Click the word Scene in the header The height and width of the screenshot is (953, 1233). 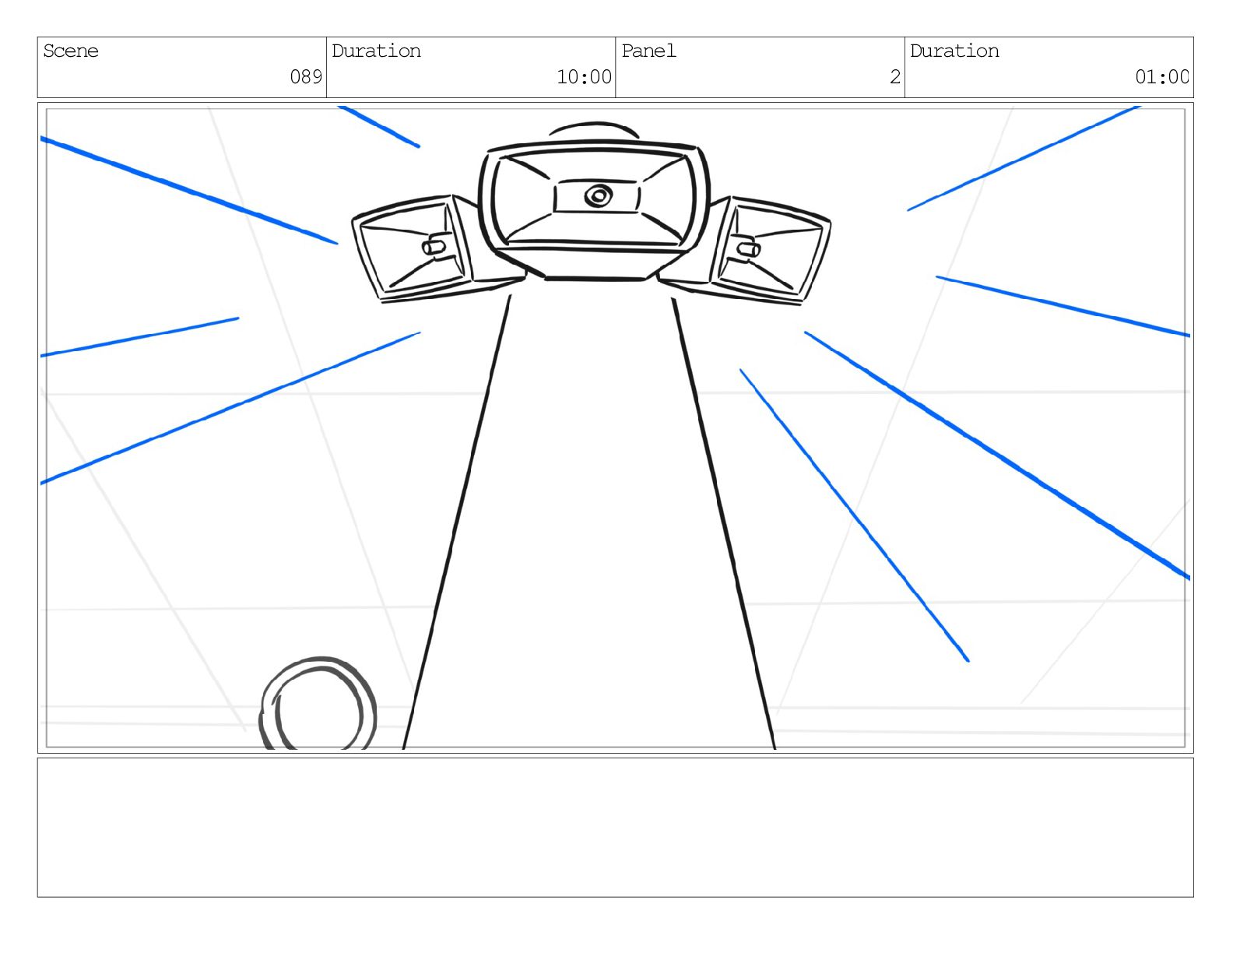click(71, 51)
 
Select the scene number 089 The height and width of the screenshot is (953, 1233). click(306, 76)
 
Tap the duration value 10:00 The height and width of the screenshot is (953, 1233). click(584, 76)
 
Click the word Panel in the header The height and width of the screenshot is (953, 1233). click(648, 51)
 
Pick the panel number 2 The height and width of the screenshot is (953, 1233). click(895, 76)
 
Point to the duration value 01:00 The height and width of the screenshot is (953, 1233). click(1161, 76)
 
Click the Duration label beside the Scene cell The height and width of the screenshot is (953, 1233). click(376, 51)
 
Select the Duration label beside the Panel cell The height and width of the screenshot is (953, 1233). click(954, 51)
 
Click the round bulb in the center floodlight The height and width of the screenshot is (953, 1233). click(598, 195)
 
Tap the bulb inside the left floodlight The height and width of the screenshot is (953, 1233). click(434, 246)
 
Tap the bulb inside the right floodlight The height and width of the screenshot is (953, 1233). click(749, 248)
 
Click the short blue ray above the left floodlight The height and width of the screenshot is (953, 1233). click(379, 126)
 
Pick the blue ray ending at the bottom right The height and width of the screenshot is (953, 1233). click(855, 515)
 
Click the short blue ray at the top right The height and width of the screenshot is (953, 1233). click(1023, 158)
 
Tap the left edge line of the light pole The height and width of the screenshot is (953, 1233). click(456, 522)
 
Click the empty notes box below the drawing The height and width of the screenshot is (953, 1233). click(615, 827)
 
